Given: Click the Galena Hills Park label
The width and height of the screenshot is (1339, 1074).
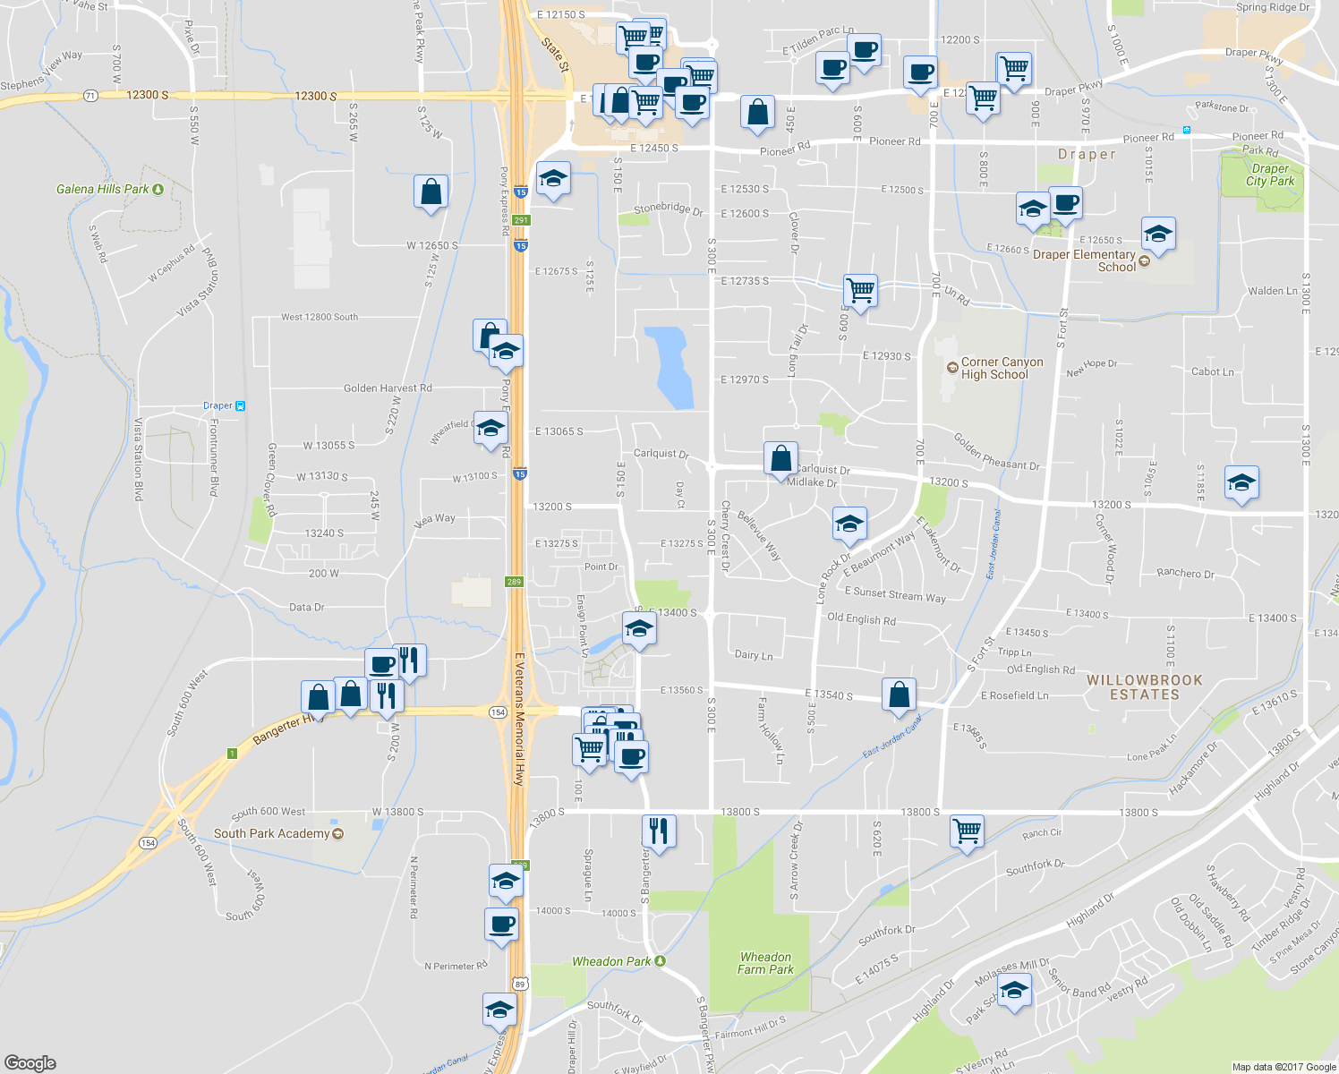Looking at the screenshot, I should (x=103, y=190).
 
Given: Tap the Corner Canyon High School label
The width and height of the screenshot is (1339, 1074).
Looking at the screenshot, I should (x=1001, y=369).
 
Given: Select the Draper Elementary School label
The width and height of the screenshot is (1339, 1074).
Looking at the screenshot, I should (x=1084, y=260).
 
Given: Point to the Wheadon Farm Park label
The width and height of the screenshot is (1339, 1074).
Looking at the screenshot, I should (x=765, y=963).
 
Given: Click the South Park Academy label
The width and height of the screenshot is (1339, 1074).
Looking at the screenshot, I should (x=271, y=833).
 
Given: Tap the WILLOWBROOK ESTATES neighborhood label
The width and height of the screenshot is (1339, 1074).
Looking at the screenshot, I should (x=1144, y=687).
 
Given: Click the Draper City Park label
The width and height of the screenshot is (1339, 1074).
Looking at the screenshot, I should (x=1270, y=175).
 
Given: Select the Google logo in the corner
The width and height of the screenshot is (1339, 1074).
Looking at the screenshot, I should (x=30, y=1062).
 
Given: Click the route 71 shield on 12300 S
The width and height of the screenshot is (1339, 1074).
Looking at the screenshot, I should (x=90, y=96).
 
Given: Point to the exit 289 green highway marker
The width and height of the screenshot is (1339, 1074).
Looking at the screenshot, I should (x=513, y=582).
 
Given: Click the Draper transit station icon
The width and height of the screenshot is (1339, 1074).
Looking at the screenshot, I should (x=240, y=406).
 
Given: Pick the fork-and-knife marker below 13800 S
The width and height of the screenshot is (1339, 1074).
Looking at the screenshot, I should (x=658, y=831).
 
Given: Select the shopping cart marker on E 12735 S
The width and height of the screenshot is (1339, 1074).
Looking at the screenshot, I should (x=860, y=290).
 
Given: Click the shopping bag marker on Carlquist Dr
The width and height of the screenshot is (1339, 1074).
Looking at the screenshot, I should (x=780, y=458).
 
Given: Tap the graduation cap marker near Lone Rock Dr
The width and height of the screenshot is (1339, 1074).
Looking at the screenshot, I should (x=849, y=524).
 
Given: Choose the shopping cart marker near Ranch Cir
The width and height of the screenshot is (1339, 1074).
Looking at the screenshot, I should (x=967, y=831).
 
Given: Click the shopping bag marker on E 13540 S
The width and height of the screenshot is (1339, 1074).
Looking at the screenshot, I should (x=899, y=695).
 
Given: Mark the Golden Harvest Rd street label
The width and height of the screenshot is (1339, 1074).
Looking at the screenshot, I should (x=388, y=388).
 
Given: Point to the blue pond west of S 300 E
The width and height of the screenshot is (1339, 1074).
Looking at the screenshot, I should (x=672, y=367).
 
